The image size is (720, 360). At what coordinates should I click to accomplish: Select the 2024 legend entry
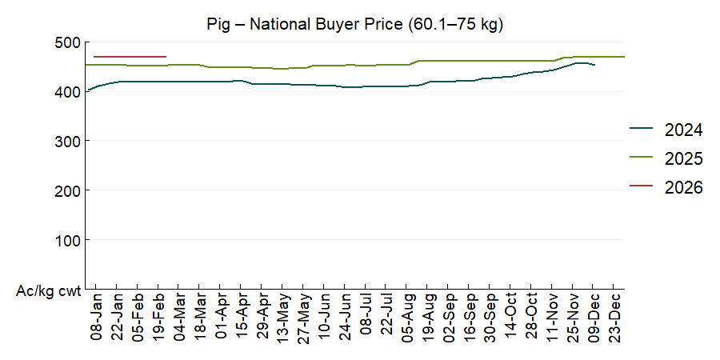coord(683,130)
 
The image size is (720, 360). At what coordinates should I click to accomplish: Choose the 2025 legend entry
coord(683,158)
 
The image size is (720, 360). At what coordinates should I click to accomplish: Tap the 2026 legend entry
coord(683,188)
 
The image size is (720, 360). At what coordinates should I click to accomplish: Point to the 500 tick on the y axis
coord(68,42)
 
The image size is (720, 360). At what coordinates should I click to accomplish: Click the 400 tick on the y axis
coord(68,91)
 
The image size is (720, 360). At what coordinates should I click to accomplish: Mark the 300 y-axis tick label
coord(68,141)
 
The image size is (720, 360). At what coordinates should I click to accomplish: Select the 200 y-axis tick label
coord(68,190)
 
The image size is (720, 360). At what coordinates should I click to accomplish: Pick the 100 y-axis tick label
coord(68,240)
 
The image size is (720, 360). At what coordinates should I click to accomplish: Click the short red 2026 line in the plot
coord(130,57)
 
